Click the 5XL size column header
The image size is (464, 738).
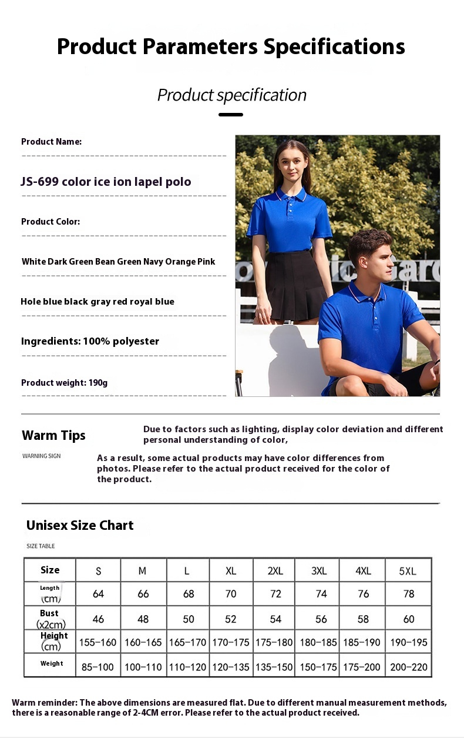pyautogui.click(x=408, y=571)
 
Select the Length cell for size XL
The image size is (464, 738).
pyautogui.click(x=231, y=594)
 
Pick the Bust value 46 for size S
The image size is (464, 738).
pyautogui.click(x=98, y=619)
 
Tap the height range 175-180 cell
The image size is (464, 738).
pyautogui.click(x=274, y=642)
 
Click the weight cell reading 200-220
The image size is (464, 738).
pyautogui.click(x=409, y=667)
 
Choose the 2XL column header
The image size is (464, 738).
pyautogui.click(x=275, y=571)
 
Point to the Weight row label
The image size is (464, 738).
pyautogui.click(x=52, y=664)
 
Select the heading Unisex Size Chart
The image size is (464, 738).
pyautogui.click(x=80, y=525)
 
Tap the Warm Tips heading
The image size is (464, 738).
pyautogui.click(x=53, y=435)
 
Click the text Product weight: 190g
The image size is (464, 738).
pyautogui.click(x=65, y=383)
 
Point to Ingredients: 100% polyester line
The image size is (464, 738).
pyautogui.click(x=90, y=341)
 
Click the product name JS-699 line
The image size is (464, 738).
pyautogui.click(x=106, y=182)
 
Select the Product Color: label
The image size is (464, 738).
pyautogui.click(x=51, y=222)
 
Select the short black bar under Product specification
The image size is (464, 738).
pyautogui.click(x=231, y=115)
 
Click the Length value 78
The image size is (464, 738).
pyautogui.click(x=409, y=594)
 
